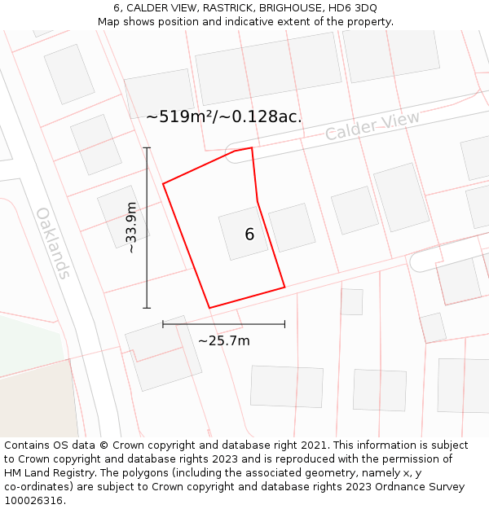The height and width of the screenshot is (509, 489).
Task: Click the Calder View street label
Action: [372, 125]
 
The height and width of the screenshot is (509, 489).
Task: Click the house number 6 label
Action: [249, 235]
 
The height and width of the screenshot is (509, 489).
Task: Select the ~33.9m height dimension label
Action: [132, 228]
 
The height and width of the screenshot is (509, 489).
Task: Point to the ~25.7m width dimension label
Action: [224, 340]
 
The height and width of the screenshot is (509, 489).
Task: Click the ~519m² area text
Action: [185, 116]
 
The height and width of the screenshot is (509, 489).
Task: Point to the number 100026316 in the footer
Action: [33, 501]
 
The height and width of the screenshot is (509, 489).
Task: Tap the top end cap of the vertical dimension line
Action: [147, 147]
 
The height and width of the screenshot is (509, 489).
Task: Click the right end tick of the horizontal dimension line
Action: [284, 324]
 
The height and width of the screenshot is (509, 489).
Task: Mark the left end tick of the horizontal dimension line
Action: [163, 324]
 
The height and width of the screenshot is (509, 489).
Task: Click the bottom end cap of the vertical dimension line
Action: [147, 308]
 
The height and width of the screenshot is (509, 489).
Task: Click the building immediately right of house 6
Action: [292, 227]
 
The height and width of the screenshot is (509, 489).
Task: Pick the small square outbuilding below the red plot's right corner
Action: [352, 301]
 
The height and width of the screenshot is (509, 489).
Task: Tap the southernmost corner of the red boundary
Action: [209, 308]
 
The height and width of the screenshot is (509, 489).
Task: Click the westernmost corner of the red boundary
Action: [163, 184]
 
